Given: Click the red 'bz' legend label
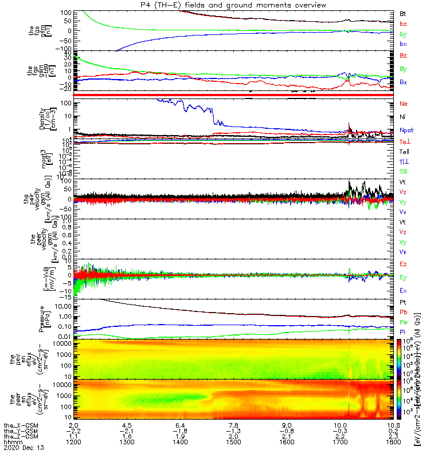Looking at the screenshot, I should click(x=403, y=23).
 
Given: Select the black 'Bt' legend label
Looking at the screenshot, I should click(x=403, y=13).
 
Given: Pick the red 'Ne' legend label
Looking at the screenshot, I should click(x=404, y=104).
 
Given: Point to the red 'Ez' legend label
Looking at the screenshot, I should click(x=404, y=264).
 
